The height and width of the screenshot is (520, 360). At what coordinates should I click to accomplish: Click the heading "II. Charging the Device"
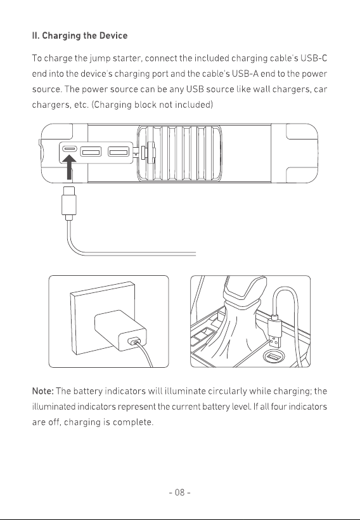pyautogui.click(x=80, y=36)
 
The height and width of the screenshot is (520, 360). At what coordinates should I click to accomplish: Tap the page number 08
pyautogui.click(x=179, y=493)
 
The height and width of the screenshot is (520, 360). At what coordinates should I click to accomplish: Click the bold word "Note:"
pyautogui.click(x=42, y=391)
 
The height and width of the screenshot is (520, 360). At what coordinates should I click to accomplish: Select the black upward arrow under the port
pyautogui.click(x=69, y=168)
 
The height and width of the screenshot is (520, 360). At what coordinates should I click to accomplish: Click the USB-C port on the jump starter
pyautogui.click(x=70, y=148)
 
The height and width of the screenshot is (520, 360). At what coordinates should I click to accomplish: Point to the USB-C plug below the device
pyautogui.click(x=69, y=204)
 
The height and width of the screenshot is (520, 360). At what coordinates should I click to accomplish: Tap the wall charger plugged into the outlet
pyautogui.click(x=120, y=330)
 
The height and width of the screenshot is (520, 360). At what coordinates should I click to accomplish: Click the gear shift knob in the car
pyautogui.click(x=245, y=288)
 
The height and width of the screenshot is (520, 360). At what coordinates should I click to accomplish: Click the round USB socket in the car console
pyautogui.click(x=274, y=357)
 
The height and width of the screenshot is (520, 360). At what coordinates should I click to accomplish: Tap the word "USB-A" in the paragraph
pyautogui.click(x=245, y=74)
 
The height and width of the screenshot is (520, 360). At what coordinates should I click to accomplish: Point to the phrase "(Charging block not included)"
pyautogui.click(x=152, y=105)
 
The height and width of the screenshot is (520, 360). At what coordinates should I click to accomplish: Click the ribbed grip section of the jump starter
pyautogui.click(x=179, y=153)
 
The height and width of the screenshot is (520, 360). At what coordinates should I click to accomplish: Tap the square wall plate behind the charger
pyautogui.click(x=103, y=318)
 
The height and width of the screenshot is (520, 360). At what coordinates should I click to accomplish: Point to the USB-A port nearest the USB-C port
pyautogui.click(x=91, y=152)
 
